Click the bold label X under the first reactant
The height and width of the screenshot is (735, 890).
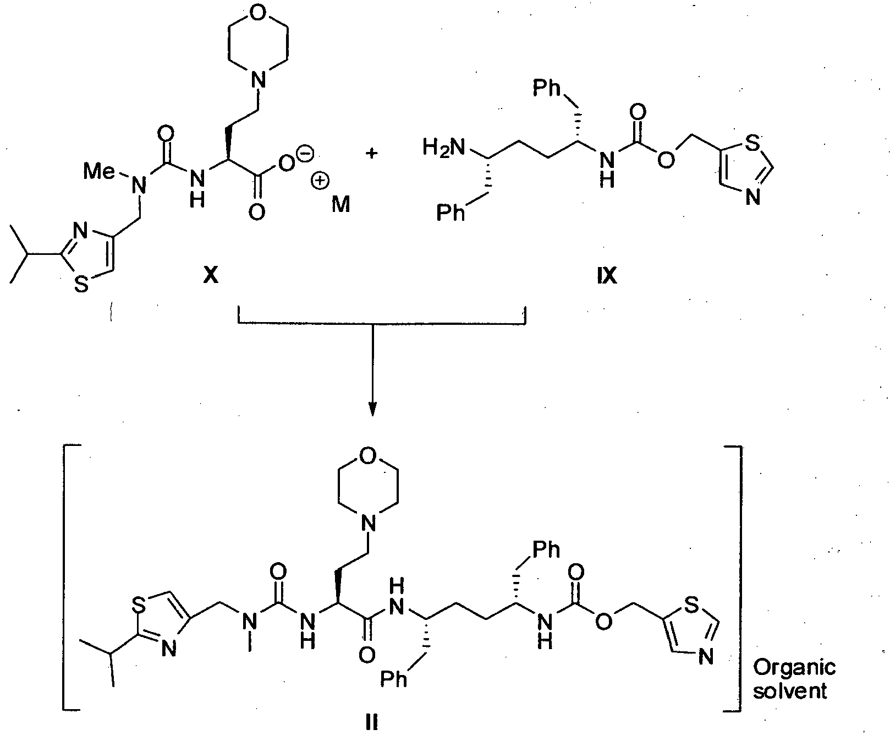click(x=210, y=275)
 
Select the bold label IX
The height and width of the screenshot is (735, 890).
click(x=606, y=275)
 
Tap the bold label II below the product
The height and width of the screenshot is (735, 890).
click(x=372, y=722)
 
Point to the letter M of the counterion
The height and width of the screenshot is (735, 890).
click(x=340, y=205)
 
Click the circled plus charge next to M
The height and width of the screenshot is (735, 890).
click(x=319, y=182)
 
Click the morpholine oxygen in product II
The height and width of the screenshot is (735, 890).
click(x=369, y=455)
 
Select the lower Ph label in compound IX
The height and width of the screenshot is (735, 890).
click(x=451, y=213)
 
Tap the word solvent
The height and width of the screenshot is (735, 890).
click(x=790, y=691)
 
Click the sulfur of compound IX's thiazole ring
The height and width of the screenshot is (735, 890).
click(x=754, y=144)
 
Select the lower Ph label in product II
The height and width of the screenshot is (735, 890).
click(x=395, y=679)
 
